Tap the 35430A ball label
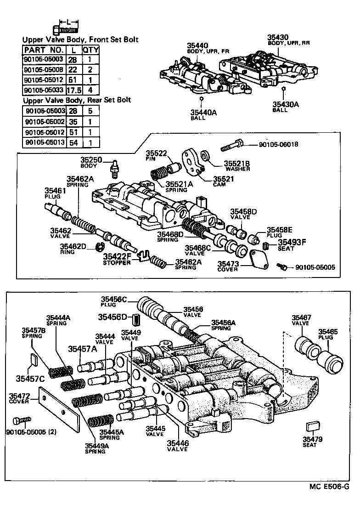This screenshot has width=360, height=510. (x=286, y=104)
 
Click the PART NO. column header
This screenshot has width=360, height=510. (x=44, y=50)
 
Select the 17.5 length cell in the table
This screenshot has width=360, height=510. (x=73, y=90)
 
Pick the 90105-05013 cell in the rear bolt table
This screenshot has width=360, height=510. (x=45, y=142)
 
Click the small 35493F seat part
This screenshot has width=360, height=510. (x=267, y=243)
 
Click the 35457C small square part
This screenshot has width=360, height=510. (x=33, y=360)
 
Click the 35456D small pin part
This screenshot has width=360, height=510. (x=136, y=318)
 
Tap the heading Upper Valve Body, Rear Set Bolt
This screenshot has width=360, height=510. (x=77, y=100)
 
